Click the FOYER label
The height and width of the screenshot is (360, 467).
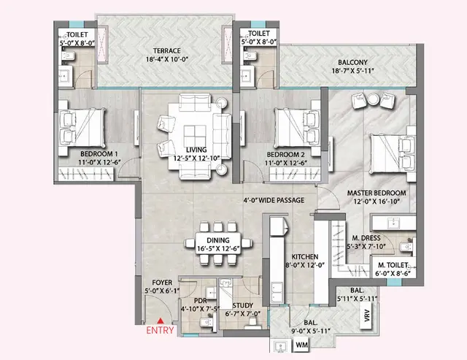tap(161, 282)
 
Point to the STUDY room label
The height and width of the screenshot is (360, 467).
tap(242, 305)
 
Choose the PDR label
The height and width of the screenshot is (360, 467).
tap(200, 301)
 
